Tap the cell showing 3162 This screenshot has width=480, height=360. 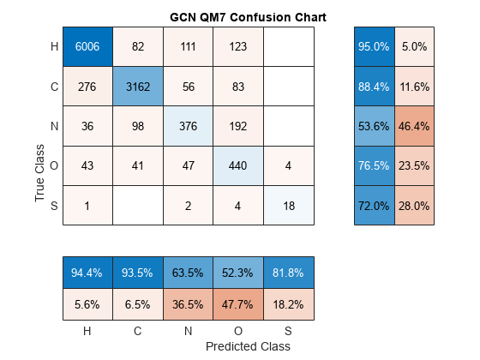point(137,86)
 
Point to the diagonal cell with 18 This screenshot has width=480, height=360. point(289,205)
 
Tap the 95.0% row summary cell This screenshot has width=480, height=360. point(374,46)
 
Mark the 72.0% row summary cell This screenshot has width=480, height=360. point(374,205)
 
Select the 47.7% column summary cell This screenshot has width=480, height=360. point(238,303)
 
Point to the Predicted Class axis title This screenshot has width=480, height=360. point(248,346)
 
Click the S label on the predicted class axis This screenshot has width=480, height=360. point(289,330)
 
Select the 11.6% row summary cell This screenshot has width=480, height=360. point(414,86)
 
